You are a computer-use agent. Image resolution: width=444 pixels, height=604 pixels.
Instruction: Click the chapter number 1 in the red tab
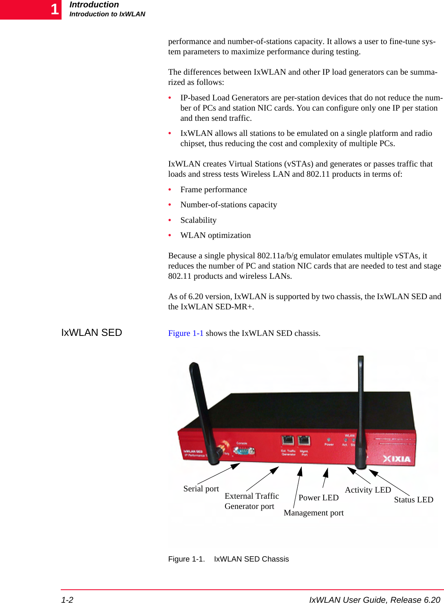click(x=55, y=9)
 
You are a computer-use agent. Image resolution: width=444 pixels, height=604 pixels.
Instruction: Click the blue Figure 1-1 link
click(x=186, y=333)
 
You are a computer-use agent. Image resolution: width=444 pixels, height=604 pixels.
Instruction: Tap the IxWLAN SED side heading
click(x=92, y=333)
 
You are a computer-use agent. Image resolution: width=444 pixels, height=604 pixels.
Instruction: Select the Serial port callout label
click(x=201, y=489)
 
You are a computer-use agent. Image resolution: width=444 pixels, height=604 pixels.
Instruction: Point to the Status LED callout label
click(x=413, y=500)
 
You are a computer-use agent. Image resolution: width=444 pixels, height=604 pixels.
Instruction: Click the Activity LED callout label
click(x=368, y=490)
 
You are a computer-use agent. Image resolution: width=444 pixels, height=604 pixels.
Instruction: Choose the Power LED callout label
click(x=318, y=497)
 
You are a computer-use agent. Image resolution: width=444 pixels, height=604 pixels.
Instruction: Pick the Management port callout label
click(x=314, y=513)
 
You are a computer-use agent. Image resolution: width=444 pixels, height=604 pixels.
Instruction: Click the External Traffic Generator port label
click(x=252, y=501)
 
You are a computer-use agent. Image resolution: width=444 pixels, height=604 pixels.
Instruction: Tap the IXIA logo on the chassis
click(x=397, y=459)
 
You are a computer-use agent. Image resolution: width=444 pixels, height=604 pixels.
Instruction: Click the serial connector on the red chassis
click(x=244, y=451)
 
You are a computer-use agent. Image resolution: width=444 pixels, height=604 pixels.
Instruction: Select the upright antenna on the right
click(x=360, y=412)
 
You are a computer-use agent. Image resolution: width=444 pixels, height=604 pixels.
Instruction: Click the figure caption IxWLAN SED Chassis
click(x=251, y=559)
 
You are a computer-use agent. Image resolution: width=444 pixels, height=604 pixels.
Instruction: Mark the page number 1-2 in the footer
click(x=67, y=600)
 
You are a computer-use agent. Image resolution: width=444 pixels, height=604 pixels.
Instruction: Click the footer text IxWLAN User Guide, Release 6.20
click(x=374, y=600)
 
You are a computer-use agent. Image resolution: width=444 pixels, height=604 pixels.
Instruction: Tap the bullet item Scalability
click(x=199, y=220)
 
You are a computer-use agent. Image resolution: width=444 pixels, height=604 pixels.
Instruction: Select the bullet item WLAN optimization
click(x=216, y=235)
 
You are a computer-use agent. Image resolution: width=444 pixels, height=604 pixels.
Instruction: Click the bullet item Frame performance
click(x=214, y=189)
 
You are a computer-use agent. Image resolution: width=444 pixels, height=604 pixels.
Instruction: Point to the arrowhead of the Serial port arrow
click(x=236, y=465)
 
